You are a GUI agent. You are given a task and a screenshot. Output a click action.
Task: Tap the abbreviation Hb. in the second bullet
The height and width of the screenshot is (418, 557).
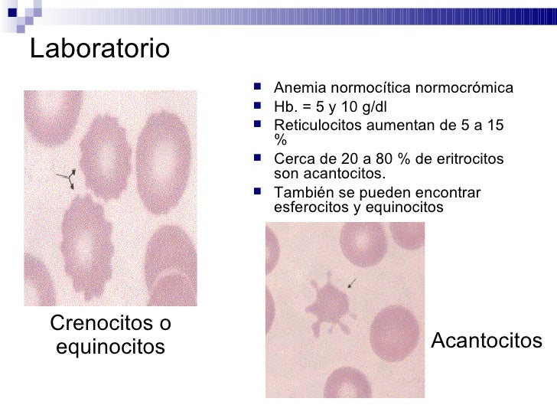click(285, 106)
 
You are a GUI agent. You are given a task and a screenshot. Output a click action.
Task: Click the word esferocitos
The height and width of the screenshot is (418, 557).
click(312, 207)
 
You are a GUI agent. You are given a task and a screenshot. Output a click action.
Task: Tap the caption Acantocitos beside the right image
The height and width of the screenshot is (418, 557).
click(487, 341)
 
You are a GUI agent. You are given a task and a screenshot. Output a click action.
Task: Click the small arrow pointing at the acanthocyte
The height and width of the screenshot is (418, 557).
click(351, 283)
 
